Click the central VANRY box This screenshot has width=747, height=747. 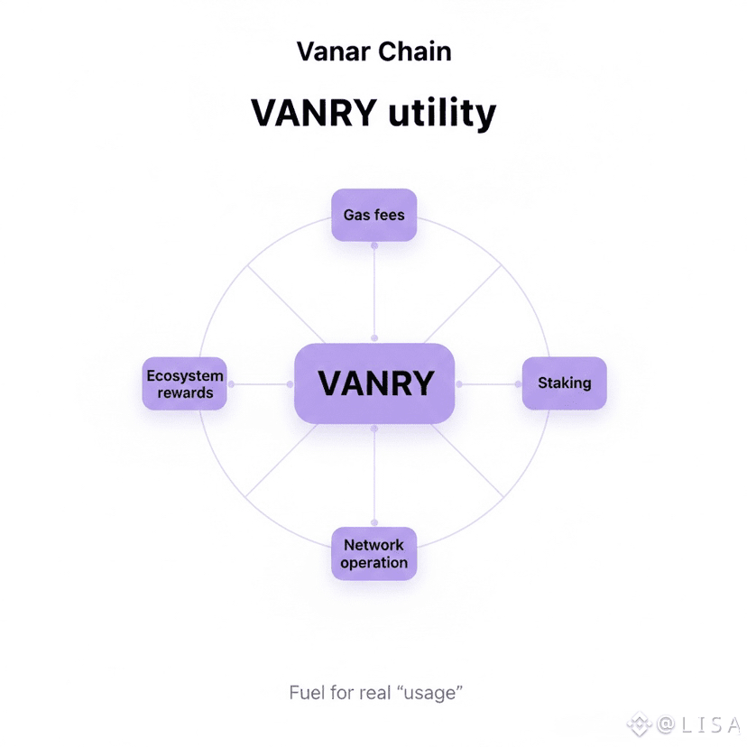pyautogui.click(x=374, y=383)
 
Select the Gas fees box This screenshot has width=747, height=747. pyautogui.click(x=373, y=215)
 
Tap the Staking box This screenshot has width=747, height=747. pyautogui.click(x=564, y=383)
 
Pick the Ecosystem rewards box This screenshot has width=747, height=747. pyautogui.click(x=184, y=383)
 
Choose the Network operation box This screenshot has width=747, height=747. pyautogui.click(x=373, y=553)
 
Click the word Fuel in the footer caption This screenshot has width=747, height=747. pyautogui.click(x=307, y=693)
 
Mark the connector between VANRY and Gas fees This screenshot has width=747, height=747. pyautogui.click(x=373, y=292)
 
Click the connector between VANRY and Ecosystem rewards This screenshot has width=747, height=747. pyautogui.click(x=261, y=383)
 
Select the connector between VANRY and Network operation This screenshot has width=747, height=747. pyautogui.click(x=373, y=475)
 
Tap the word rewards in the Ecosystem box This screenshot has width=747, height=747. pyautogui.click(x=184, y=392)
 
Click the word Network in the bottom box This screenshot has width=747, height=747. pyautogui.click(x=373, y=545)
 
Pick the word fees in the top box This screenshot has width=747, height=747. pyautogui.click(x=390, y=216)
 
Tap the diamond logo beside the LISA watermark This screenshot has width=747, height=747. pyautogui.click(x=641, y=724)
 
